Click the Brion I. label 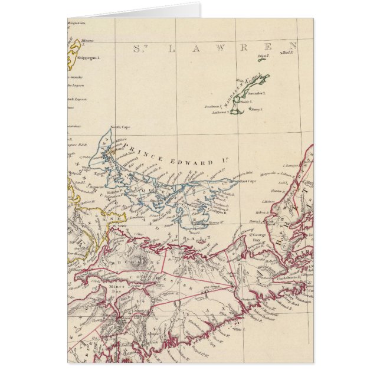tap(263, 56)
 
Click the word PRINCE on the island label tap(140, 146)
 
